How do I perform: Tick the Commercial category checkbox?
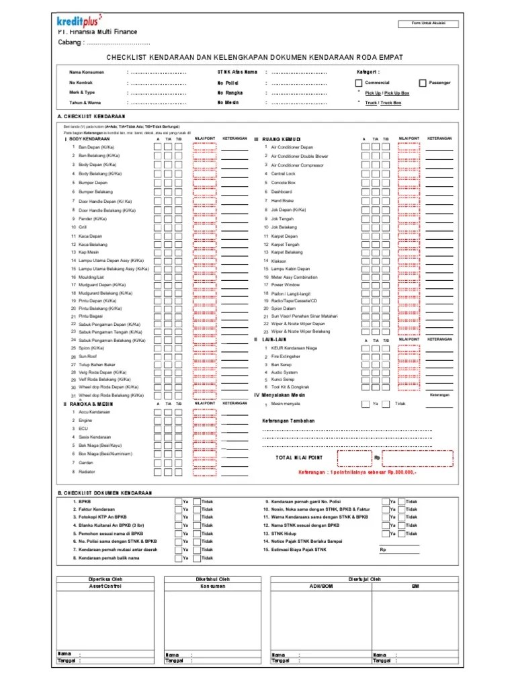[359, 83]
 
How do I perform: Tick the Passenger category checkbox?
[422, 83]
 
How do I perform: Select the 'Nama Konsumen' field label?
[85, 71]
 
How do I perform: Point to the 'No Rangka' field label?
[230, 93]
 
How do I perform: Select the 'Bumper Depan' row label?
[93, 182]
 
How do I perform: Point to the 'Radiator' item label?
[86, 472]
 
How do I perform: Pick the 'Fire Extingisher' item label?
[286, 356]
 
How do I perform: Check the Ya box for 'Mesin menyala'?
[365, 404]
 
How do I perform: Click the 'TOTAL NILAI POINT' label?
[299, 458]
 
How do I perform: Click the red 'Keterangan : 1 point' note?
[357, 472]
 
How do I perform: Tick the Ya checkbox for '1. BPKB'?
[179, 502]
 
